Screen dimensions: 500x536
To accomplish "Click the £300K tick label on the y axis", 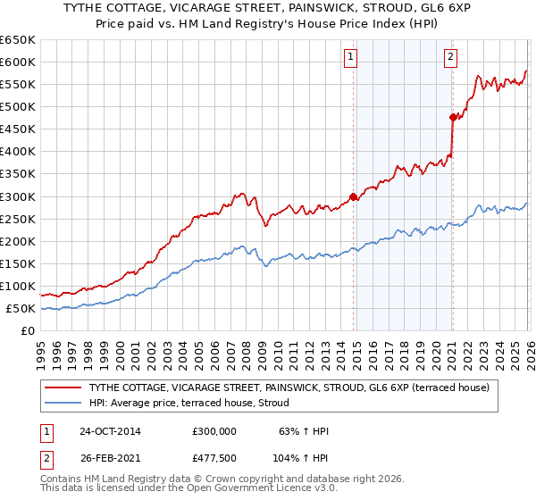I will pyautogui.click(x=17, y=196).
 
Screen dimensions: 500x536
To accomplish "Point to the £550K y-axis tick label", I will pyautogui.click(x=17, y=84).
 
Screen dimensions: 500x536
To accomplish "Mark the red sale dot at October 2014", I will pyautogui.click(x=353, y=196).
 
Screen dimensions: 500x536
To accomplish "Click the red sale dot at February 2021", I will pyautogui.click(x=453, y=117).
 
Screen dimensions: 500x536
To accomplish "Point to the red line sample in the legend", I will pyautogui.click(x=63, y=388).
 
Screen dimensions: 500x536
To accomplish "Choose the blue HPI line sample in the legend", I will pyautogui.click(x=63, y=404).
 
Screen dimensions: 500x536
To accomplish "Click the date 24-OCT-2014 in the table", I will pyautogui.click(x=109, y=431).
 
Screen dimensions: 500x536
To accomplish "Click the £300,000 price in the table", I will pyautogui.click(x=214, y=431).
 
